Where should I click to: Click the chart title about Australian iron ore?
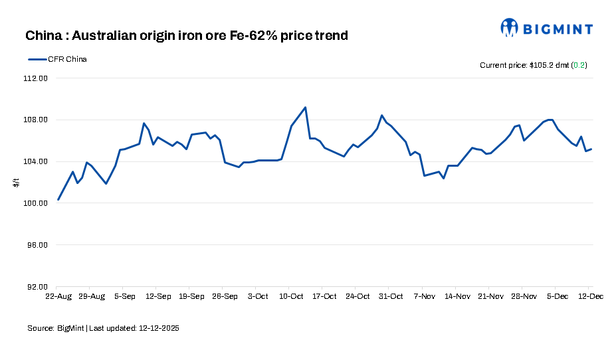(x=187, y=35)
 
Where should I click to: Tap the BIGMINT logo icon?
(x=510, y=27)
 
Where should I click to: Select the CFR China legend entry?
(x=58, y=59)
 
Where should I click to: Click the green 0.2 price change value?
(x=579, y=65)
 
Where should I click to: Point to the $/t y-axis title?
(x=17, y=182)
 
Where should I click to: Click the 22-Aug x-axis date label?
(x=58, y=296)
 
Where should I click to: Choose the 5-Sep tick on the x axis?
(x=126, y=296)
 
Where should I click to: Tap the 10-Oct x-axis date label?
(x=291, y=296)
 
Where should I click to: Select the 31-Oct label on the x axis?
(x=391, y=296)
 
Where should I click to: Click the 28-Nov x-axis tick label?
(x=524, y=296)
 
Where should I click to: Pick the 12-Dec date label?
(x=589, y=296)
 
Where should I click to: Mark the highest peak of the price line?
(x=305, y=108)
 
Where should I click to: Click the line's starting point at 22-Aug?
(x=58, y=199)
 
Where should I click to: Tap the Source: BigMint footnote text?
(x=103, y=328)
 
